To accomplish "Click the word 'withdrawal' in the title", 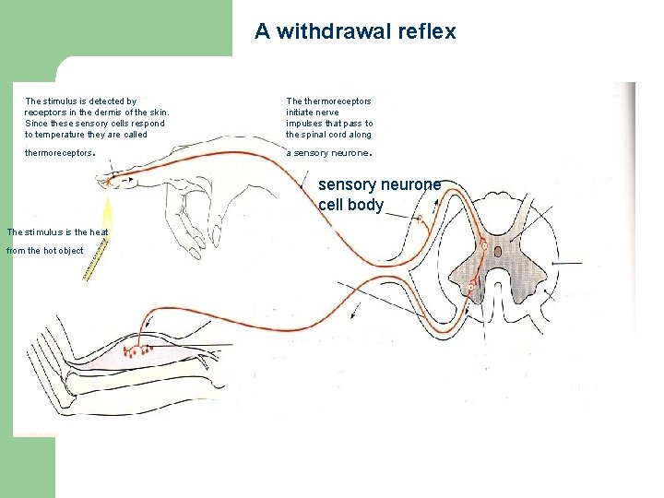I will (x=337, y=31).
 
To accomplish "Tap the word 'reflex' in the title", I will (x=425, y=31).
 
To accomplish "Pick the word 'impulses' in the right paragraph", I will (x=307, y=124).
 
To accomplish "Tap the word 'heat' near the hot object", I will (x=99, y=232).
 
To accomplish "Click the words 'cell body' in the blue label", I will (x=350, y=205).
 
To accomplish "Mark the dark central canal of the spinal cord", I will (x=498, y=250).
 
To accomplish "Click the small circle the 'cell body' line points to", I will (x=421, y=219).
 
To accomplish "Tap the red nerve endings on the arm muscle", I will (x=140, y=350).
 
